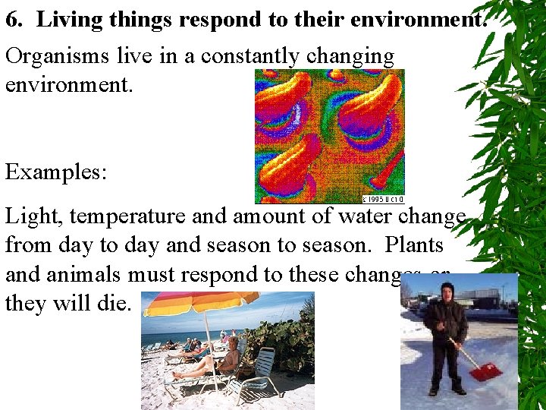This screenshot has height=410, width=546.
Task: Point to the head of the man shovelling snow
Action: (447, 291)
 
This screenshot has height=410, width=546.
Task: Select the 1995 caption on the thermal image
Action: (383, 199)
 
